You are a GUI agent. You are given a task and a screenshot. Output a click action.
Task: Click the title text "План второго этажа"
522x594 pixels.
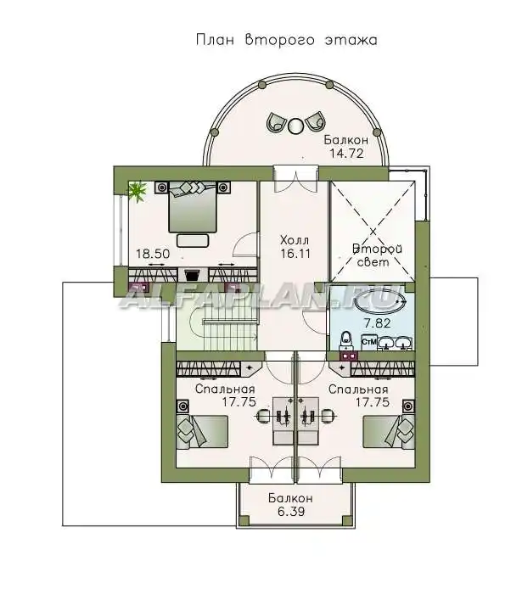[x=287, y=39]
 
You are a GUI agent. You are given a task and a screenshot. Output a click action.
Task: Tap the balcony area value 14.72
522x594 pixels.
[x=346, y=153]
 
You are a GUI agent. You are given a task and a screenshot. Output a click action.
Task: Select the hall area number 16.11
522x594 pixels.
[x=295, y=254]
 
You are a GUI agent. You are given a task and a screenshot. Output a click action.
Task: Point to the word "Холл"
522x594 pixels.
[x=295, y=240]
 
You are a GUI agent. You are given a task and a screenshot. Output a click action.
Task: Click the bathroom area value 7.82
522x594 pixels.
[x=377, y=323]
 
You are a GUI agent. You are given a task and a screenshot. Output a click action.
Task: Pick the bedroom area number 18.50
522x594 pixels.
[x=153, y=254]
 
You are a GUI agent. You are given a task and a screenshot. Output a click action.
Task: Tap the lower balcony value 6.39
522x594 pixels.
[x=290, y=512]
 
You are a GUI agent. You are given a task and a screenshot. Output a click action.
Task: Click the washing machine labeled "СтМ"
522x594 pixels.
[x=368, y=342]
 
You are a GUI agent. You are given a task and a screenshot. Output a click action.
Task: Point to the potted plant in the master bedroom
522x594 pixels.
[x=138, y=191]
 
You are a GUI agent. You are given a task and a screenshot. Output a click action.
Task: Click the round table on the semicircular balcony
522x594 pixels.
[x=295, y=126]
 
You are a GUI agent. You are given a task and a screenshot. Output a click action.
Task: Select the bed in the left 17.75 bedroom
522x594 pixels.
[x=202, y=432]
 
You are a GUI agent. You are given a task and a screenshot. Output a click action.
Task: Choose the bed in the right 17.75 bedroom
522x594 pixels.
[x=389, y=432]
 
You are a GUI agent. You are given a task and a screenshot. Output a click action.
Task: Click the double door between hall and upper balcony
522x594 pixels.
[x=295, y=179]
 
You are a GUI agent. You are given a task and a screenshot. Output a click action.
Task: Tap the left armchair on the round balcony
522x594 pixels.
[x=278, y=121]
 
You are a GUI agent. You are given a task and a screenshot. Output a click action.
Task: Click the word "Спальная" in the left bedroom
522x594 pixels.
[x=225, y=389]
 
